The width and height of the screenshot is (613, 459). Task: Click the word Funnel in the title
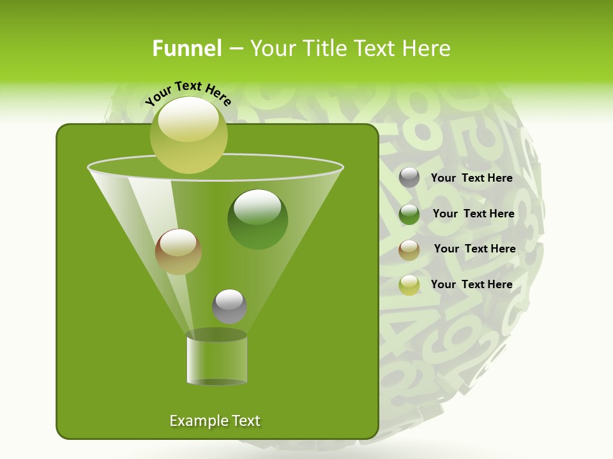tap(186, 48)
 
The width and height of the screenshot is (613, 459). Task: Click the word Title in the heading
tap(322, 48)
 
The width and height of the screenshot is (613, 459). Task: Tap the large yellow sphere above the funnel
tap(189, 135)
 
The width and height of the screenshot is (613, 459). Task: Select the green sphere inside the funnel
tap(258, 219)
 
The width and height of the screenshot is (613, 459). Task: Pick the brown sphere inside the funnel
tap(178, 252)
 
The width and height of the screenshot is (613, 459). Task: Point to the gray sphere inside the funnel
tap(229, 306)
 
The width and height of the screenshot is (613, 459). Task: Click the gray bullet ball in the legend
tap(409, 178)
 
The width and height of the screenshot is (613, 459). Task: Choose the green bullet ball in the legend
tap(409, 214)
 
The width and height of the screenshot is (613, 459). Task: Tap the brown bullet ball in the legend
tap(409, 250)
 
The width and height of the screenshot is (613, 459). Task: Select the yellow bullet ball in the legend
tap(409, 285)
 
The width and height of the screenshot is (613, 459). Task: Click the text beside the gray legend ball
tap(471, 178)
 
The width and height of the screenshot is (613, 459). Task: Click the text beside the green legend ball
tap(473, 214)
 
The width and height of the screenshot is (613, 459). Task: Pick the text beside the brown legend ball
tap(474, 249)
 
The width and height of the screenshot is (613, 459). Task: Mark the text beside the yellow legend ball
tap(471, 284)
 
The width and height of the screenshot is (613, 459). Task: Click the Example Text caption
tap(215, 421)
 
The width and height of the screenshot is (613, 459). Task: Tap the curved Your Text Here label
tap(188, 93)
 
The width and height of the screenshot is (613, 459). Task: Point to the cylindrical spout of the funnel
tap(216, 360)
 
